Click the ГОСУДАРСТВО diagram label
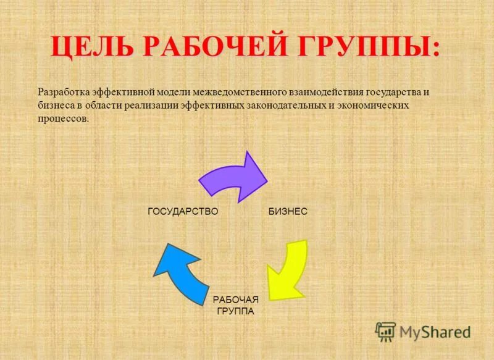click(183, 211)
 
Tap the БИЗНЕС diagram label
click(288, 211)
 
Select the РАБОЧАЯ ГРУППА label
click(235, 305)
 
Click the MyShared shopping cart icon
click(385, 331)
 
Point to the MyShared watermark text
click(435, 332)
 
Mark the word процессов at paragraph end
click(64, 119)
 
